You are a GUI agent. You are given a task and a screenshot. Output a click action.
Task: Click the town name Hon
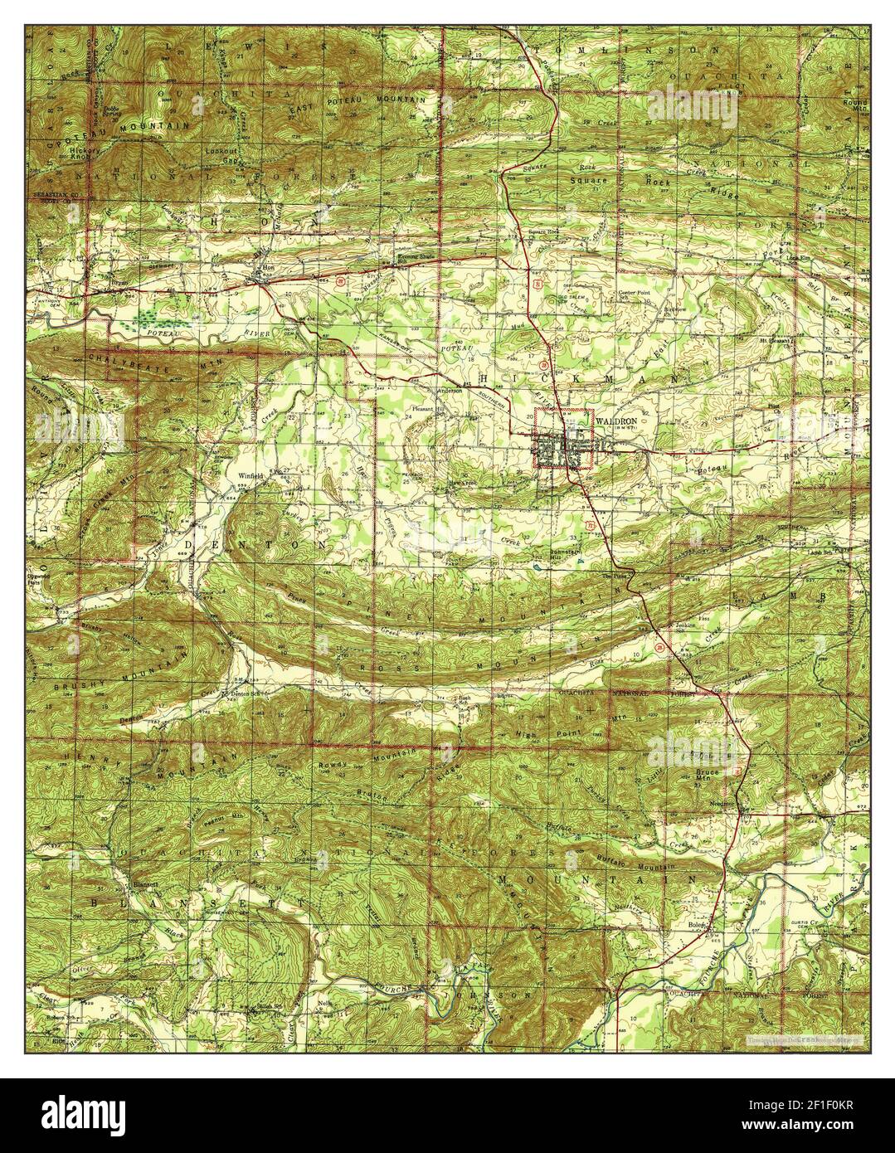coord(267,268)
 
